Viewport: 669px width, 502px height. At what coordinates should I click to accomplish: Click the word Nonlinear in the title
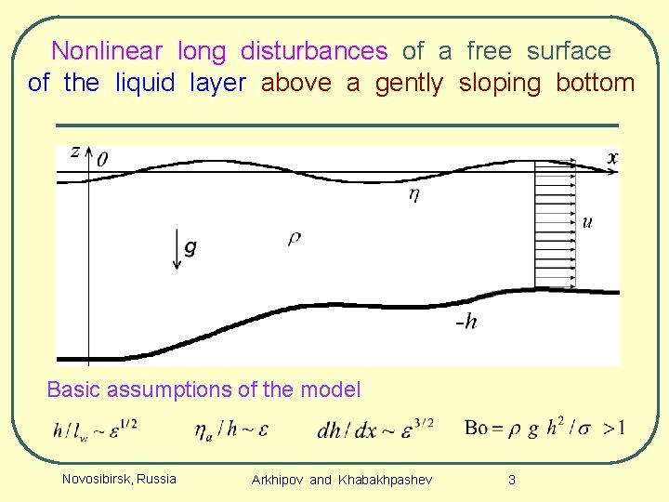(x=107, y=50)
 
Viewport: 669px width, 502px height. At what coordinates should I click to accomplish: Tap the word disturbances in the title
(x=314, y=50)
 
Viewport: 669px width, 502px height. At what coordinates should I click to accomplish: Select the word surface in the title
(x=569, y=50)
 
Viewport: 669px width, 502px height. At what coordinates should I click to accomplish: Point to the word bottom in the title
(x=596, y=83)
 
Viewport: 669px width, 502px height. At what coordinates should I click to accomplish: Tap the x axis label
(x=612, y=158)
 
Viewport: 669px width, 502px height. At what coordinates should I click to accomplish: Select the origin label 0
(x=101, y=160)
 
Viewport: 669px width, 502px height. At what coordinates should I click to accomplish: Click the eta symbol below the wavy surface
(x=413, y=194)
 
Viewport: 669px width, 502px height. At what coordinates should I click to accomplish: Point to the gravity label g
(x=190, y=247)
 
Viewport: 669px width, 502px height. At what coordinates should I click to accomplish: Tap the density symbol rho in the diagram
(x=295, y=239)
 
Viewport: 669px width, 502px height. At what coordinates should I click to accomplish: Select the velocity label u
(x=587, y=221)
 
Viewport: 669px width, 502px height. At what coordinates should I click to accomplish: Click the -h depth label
(x=466, y=323)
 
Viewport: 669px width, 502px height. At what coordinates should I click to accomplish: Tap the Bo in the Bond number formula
(x=475, y=428)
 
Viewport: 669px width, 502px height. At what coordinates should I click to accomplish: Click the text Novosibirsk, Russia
(x=119, y=479)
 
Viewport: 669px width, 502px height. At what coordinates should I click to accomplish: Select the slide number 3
(x=511, y=480)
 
